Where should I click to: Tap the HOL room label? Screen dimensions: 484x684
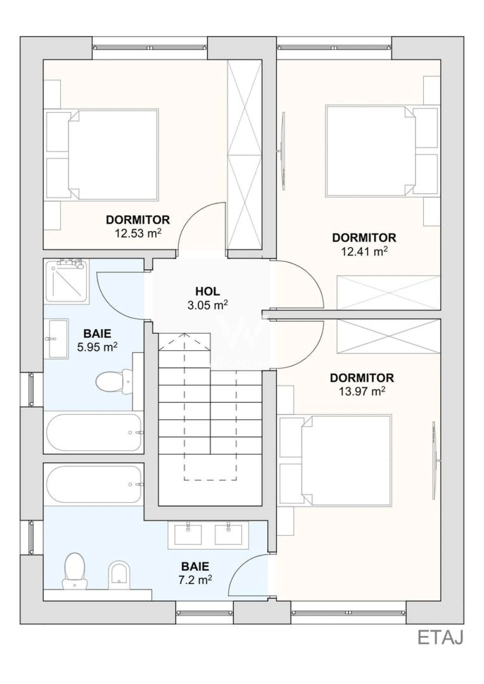[x=208, y=291]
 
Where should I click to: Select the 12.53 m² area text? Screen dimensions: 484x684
[x=138, y=234]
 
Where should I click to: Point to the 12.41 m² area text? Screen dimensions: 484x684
[x=364, y=252]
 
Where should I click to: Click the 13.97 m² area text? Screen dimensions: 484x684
[x=362, y=392]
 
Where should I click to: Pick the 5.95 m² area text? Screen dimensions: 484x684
[x=98, y=347]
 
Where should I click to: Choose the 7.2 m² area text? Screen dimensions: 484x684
[x=195, y=579]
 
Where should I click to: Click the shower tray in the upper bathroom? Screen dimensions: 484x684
[x=67, y=281]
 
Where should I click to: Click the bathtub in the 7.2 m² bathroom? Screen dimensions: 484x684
[x=94, y=484]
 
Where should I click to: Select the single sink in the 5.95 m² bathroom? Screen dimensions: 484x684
[x=58, y=338]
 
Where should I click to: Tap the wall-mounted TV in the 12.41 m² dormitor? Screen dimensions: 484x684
[x=284, y=151]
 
